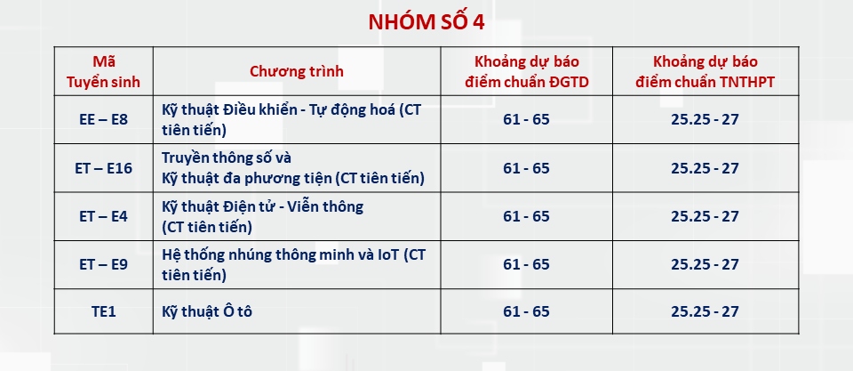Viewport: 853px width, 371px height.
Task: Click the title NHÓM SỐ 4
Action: coord(426,22)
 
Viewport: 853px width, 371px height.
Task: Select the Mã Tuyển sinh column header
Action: coord(103,71)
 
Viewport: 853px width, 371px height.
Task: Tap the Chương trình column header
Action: coord(297,71)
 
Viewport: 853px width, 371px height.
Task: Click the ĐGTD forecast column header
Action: coord(526,71)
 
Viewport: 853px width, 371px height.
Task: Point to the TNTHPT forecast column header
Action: coord(705,71)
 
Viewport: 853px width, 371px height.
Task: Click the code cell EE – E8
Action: coord(103,119)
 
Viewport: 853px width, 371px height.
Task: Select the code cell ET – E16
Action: coord(103,168)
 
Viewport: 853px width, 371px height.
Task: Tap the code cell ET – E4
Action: coord(103,215)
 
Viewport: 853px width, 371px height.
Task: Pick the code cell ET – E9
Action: coord(103,264)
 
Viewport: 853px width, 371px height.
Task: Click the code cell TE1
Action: coord(103,311)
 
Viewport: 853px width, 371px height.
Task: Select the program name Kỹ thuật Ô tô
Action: coord(207,311)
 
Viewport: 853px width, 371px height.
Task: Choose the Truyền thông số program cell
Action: coord(292,168)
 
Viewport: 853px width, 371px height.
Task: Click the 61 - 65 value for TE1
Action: coord(526,311)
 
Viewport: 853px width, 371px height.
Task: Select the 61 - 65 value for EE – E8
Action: coord(526,119)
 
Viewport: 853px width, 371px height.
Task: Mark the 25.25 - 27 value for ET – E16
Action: coord(705,168)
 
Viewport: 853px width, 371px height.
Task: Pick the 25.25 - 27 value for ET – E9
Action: coord(705,264)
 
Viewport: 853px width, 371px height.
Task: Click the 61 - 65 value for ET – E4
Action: coord(526,215)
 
